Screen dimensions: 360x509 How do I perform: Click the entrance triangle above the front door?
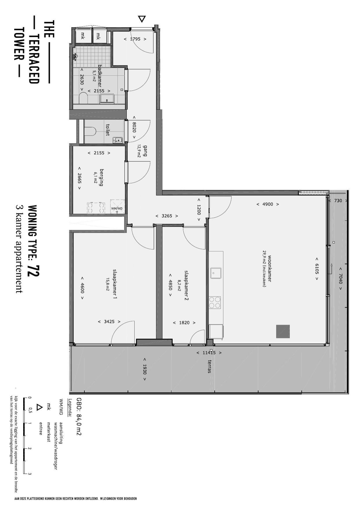click(142, 19)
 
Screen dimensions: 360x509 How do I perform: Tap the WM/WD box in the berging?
click(117, 206)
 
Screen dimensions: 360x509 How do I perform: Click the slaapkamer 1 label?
click(115, 284)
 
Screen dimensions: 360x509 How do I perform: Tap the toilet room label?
click(108, 130)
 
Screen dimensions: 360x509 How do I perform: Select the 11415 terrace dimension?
click(209, 353)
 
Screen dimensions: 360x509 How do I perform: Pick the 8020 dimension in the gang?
click(134, 128)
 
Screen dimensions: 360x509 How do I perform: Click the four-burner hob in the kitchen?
click(215, 303)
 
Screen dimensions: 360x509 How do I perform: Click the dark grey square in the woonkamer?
click(283, 331)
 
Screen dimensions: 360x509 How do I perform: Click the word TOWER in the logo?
click(18, 44)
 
